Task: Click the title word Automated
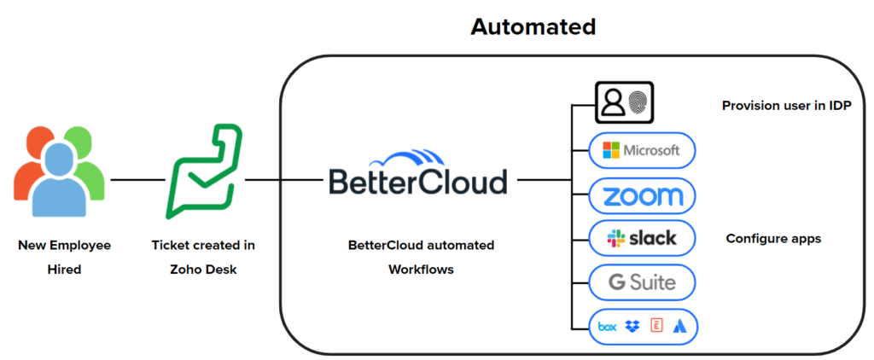tap(533, 26)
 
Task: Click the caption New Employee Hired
tap(65, 257)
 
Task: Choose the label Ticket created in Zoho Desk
tap(203, 257)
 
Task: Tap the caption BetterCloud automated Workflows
tap(421, 257)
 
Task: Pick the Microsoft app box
tap(643, 151)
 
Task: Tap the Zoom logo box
tap(643, 196)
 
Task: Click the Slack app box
tap(643, 238)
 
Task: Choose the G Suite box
tap(643, 282)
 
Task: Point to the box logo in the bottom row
tap(608, 325)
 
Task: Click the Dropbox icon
tap(632, 325)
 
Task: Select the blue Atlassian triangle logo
tap(680, 325)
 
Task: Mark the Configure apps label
tap(772, 239)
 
